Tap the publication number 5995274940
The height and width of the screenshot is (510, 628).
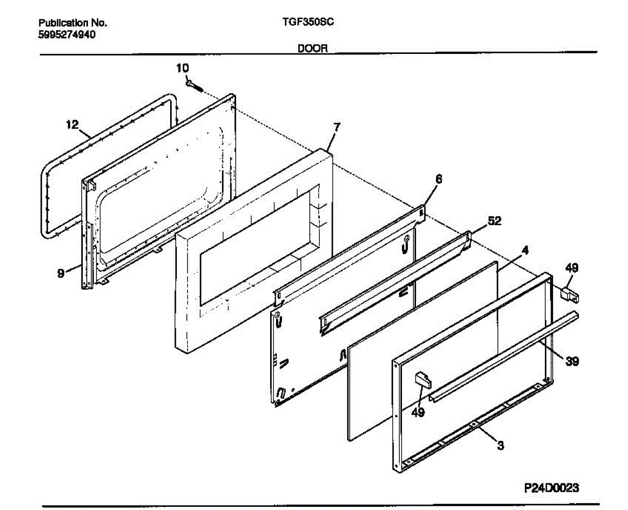click(67, 35)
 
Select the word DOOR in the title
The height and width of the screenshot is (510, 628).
click(312, 49)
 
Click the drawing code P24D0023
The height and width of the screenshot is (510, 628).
click(552, 487)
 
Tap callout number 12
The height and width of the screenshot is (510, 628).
click(72, 125)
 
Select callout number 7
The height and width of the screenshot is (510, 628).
click(337, 126)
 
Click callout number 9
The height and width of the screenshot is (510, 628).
click(61, 272)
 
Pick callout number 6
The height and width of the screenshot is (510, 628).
click(439, 179)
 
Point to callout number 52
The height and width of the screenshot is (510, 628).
click(494, 221)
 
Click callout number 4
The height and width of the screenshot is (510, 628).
click(525, 250)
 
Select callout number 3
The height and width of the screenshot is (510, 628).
click(500, 446)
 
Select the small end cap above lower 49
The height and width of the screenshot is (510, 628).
click(422, 379)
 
